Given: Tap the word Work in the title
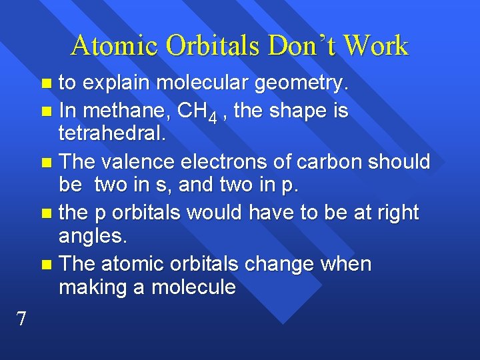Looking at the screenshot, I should click(376, 45).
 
